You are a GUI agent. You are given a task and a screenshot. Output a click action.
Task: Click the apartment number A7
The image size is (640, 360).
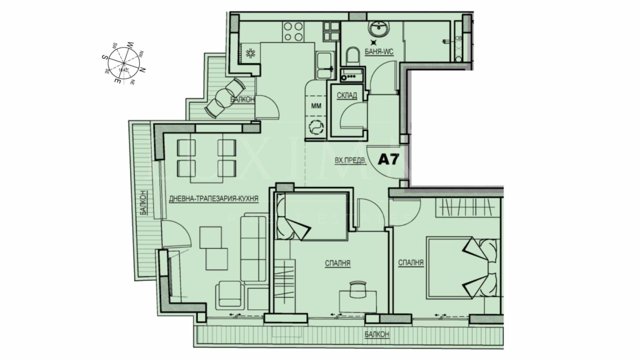point(388,160)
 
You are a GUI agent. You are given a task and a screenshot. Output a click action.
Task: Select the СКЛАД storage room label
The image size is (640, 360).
point(347,96)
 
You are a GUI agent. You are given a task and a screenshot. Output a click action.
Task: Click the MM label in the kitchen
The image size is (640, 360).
point(316,106)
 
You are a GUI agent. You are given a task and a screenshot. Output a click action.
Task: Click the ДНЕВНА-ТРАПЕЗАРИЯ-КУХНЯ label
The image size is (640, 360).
point(214,198)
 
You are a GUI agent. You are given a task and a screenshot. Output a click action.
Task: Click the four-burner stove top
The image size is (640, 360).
point(293,32)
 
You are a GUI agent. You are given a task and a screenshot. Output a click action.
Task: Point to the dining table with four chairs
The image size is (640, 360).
point(206,160)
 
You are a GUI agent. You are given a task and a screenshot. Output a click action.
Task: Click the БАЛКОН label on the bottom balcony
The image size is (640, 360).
point(376,334)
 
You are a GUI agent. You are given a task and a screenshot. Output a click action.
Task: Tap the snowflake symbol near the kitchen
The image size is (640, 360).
point(250,53)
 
